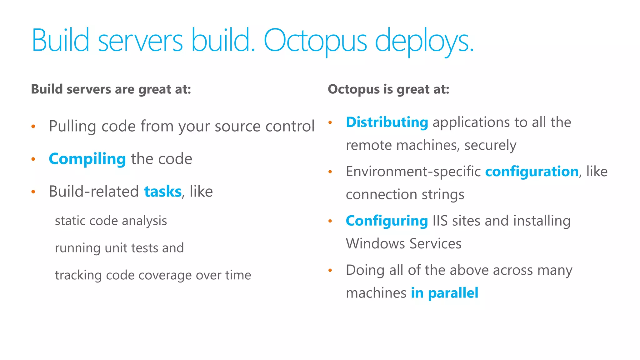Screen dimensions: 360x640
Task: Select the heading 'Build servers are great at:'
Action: coord(111,89)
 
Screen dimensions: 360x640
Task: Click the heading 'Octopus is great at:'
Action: coord(388,89)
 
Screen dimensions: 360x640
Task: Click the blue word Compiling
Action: coord(87,159)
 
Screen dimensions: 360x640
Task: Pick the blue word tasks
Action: coord(163,192)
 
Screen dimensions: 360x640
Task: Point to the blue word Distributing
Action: coord(387,122)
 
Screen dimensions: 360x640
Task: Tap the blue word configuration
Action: coord(532,172)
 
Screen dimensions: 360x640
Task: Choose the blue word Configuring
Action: coord(387,221)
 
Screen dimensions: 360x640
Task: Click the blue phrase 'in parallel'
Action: coord(444,293)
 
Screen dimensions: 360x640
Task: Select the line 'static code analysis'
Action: coord(111,221)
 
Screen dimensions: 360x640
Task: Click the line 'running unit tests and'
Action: coord(119,248)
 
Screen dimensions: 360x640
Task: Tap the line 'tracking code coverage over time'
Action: coord(153,275)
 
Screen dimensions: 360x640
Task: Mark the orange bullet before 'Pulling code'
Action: coord(33,127)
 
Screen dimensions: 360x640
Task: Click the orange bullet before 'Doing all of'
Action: coord(330,270)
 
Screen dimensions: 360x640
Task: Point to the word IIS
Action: coord(440,221)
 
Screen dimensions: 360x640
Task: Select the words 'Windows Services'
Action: coord(403,244)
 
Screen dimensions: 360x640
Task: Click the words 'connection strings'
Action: coord(405,195)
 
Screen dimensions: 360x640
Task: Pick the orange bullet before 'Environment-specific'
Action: coord(330,172)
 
